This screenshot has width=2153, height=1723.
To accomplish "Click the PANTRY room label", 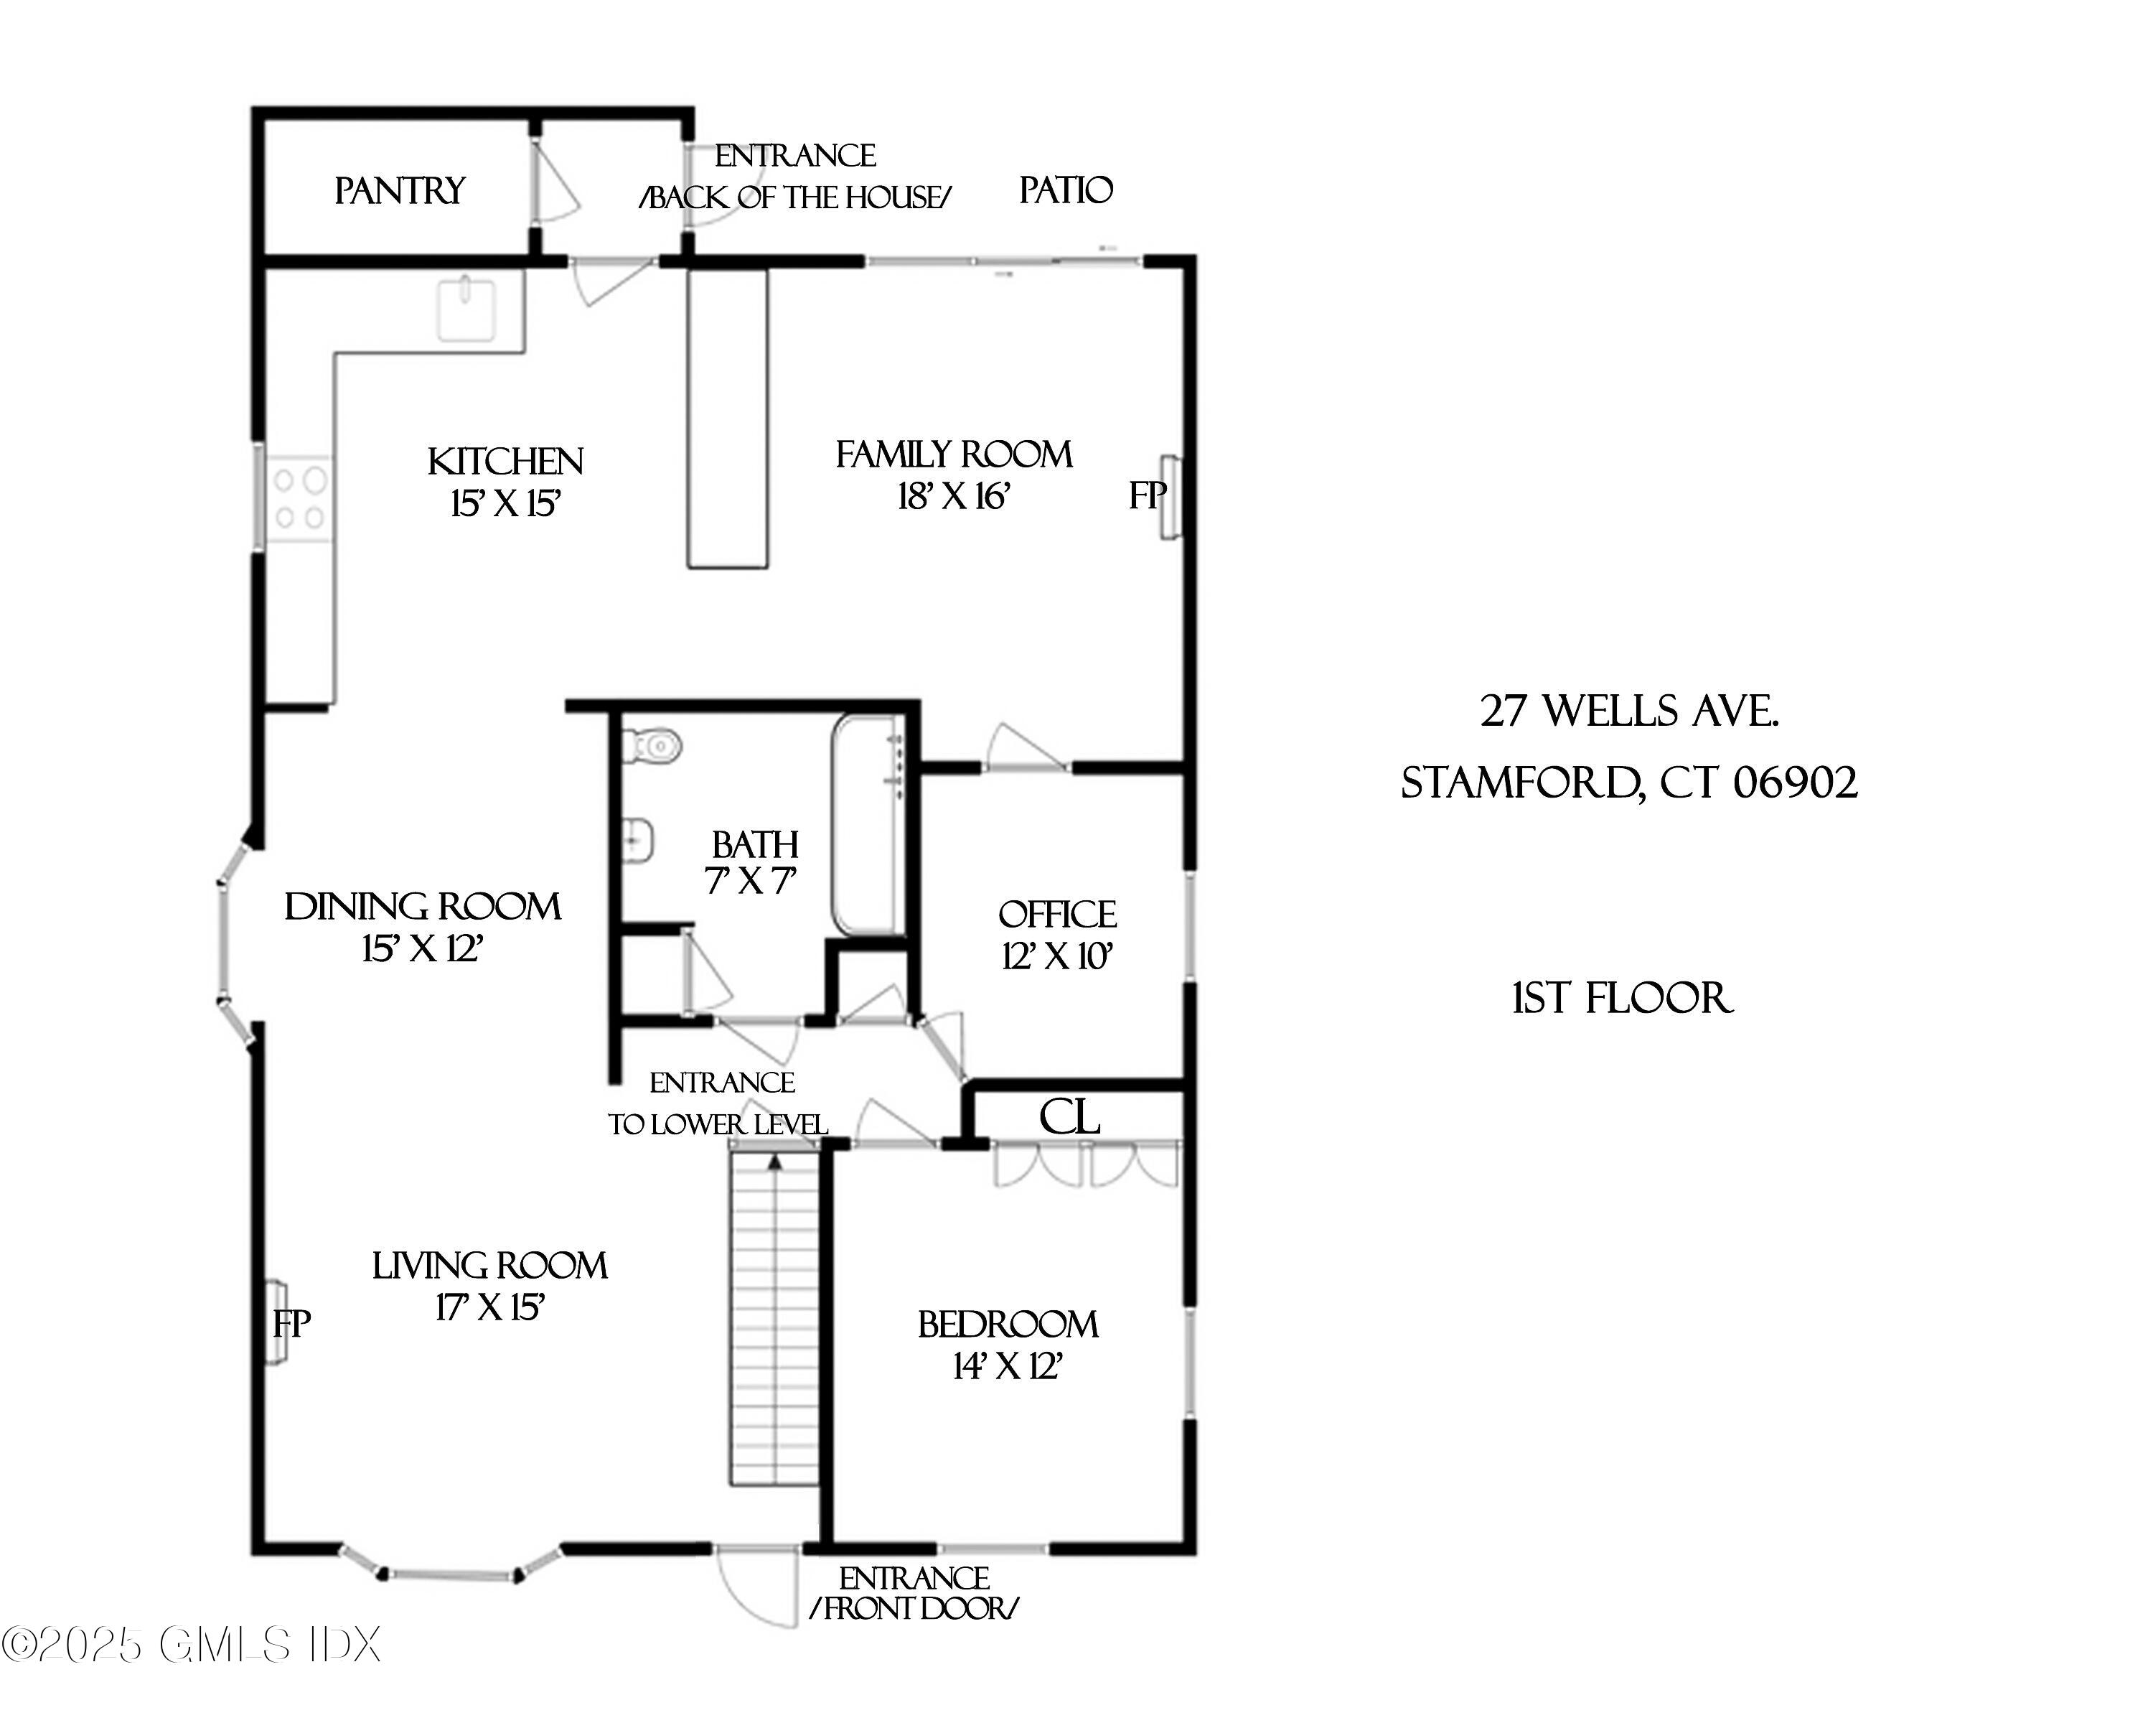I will tap(400, 191).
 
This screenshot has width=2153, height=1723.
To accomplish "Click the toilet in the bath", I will tap(654, 745).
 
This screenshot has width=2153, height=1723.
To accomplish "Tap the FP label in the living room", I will tap(291, 1325).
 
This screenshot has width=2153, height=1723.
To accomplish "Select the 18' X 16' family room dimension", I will tap(954, 496).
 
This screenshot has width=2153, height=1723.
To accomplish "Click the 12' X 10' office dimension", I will tap(1056, 957).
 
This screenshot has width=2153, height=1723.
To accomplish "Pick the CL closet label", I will tap(1069, 1118).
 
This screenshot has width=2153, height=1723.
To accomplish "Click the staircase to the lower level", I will tap(774, 1319).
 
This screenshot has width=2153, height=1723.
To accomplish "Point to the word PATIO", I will tap(1066, 190).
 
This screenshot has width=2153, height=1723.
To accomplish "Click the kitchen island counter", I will tap(727, 418).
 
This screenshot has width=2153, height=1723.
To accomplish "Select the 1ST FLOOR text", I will tap(1622, 999).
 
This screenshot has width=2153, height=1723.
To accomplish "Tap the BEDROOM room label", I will tap(1008, 1325).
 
